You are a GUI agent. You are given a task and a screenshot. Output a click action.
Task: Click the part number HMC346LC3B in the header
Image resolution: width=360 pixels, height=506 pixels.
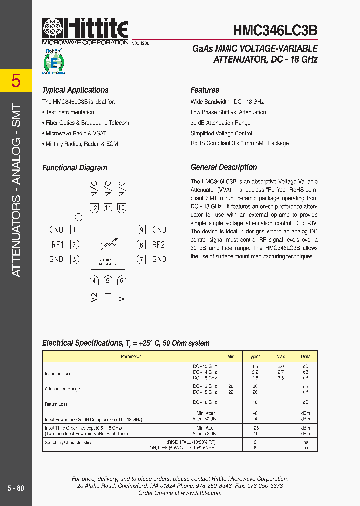point(275,30)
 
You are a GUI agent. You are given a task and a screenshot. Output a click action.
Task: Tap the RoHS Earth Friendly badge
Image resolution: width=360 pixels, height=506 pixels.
point(55,61)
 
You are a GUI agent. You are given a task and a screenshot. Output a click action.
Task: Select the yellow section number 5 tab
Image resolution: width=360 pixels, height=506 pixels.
point(16,80)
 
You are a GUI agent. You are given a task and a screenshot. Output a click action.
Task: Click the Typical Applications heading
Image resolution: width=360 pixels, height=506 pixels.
point(75,90)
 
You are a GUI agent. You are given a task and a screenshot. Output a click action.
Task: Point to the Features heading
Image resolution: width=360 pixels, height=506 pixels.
point(205,90)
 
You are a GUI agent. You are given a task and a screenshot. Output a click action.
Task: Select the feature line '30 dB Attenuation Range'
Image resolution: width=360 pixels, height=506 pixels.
point(220,123)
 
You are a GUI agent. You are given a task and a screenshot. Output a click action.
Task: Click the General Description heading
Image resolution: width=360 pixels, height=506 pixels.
point(224,167)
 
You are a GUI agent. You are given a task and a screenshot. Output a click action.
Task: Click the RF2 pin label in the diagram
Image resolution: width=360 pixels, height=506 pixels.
point(158,245)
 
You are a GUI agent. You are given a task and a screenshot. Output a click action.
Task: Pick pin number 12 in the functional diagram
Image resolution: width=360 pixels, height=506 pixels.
point(94,208)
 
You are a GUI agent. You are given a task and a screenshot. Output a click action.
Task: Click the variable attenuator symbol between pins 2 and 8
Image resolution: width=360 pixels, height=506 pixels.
point(108,245)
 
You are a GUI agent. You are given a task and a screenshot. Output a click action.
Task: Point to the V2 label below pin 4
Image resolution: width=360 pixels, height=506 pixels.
point(94,297)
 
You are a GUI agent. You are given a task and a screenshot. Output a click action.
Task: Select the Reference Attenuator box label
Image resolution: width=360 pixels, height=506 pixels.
point(108,262)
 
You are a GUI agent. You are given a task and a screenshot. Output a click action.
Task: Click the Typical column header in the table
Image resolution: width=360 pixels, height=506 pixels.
point(255,357)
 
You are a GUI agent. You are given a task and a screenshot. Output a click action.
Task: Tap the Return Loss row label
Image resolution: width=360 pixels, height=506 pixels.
point(56,404)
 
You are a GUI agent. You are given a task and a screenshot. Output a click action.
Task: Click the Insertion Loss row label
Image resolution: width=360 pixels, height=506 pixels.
point(58,374)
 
